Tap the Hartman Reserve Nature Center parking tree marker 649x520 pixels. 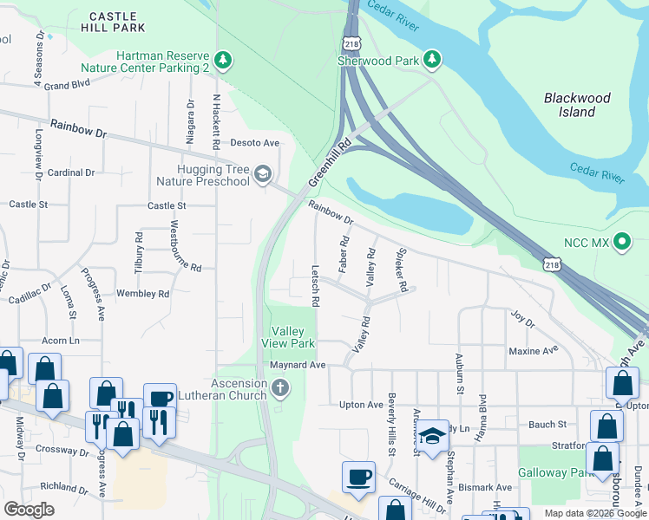225,60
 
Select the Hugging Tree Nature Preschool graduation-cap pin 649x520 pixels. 262,175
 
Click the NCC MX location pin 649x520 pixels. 621,242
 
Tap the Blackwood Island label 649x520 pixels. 577,105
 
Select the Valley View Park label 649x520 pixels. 292,337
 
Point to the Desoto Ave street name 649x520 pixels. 254,143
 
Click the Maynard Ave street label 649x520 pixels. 297,365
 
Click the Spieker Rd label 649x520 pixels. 401,273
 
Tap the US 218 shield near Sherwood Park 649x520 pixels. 351,43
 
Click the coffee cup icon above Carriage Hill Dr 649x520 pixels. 358,477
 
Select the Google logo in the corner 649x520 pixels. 29,510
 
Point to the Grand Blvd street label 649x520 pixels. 68,86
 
